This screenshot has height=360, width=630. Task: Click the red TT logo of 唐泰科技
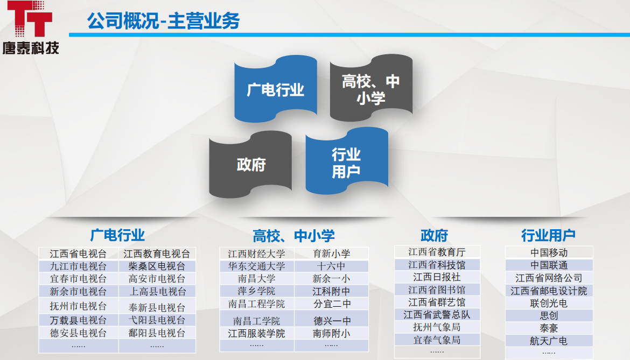coord(30,19)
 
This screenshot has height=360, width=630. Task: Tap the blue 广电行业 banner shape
coord(275,89)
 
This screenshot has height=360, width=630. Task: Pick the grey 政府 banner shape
coord(251,164)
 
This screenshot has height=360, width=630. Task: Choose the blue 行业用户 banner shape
coord(346,163)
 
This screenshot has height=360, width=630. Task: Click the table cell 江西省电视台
coord(78,254)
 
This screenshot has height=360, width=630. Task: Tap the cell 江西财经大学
coord(256,254)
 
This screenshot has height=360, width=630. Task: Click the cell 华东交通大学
coord(256,266)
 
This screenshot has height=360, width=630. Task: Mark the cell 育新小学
coord(331,254)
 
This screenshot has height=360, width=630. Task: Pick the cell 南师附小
coord(331,334)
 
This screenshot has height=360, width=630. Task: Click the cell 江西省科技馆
coord(437,265)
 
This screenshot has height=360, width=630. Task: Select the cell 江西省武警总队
coord(437,314)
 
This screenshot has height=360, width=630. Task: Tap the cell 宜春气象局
coord(437,340)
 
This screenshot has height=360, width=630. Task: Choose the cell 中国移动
coord(549,252)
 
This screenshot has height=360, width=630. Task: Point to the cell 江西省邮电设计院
coord(549,291)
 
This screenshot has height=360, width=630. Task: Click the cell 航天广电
coord(549,341)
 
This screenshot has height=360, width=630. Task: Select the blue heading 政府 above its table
coord(434,235)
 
